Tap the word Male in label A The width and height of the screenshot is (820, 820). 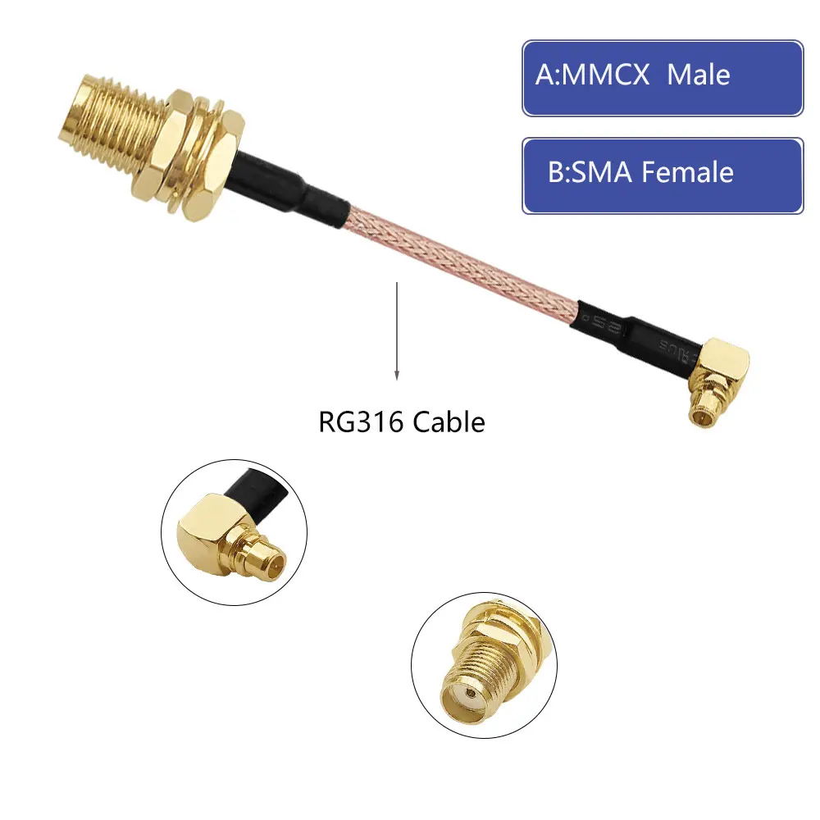(x=698, y=75)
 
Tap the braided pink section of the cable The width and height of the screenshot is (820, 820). (x=459, y=254)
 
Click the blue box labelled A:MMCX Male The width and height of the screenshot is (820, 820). (x=663, y=77)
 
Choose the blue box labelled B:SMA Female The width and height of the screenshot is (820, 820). (x=663, y=175)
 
